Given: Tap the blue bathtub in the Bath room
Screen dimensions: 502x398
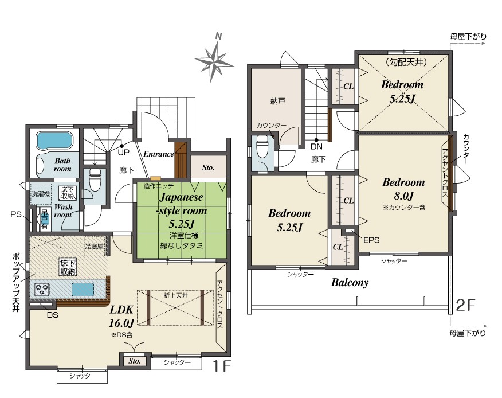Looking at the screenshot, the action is (x=55, y=141).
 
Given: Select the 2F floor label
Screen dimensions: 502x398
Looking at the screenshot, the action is (x=465, y=306).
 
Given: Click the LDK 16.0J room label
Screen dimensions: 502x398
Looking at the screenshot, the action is (x=121, y=317).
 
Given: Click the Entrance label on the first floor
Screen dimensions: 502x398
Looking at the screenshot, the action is (x=159, y=154).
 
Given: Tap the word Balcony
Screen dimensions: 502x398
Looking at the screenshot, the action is (x=350, y=283).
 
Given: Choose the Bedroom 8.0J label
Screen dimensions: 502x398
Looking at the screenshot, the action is (x=403, y=189).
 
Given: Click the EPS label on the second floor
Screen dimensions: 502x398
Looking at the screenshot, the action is (x=371, y=240).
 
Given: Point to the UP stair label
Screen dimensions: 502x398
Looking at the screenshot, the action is (x=124, y=153).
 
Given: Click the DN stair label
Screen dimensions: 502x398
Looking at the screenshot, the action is (x=316, y=147).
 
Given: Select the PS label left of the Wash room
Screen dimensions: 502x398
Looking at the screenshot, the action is (x=15, y=214).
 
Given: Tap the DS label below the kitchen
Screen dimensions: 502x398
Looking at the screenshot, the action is (x=53, y=315).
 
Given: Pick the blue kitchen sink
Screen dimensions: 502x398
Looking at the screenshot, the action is (x=83, y=290).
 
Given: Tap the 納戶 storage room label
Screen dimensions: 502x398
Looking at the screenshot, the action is (x=277, y=102).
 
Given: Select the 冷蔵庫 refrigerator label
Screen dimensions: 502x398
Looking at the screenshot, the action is (x=94, y=247).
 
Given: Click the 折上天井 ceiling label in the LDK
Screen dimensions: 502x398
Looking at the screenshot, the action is (x=176, y=295).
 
